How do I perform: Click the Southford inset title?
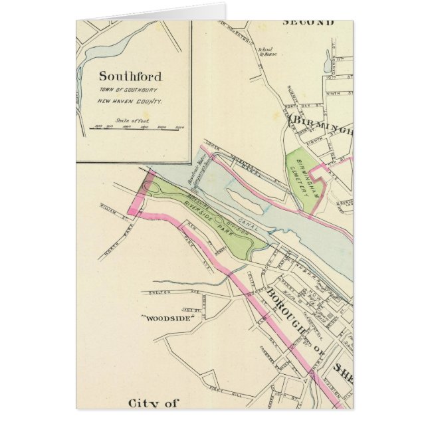click(x=130, y=76)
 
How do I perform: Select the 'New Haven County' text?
click(x=130, y=102)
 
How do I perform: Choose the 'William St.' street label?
click(x=115, y=214)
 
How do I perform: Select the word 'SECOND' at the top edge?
click(x=308, y=23)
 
